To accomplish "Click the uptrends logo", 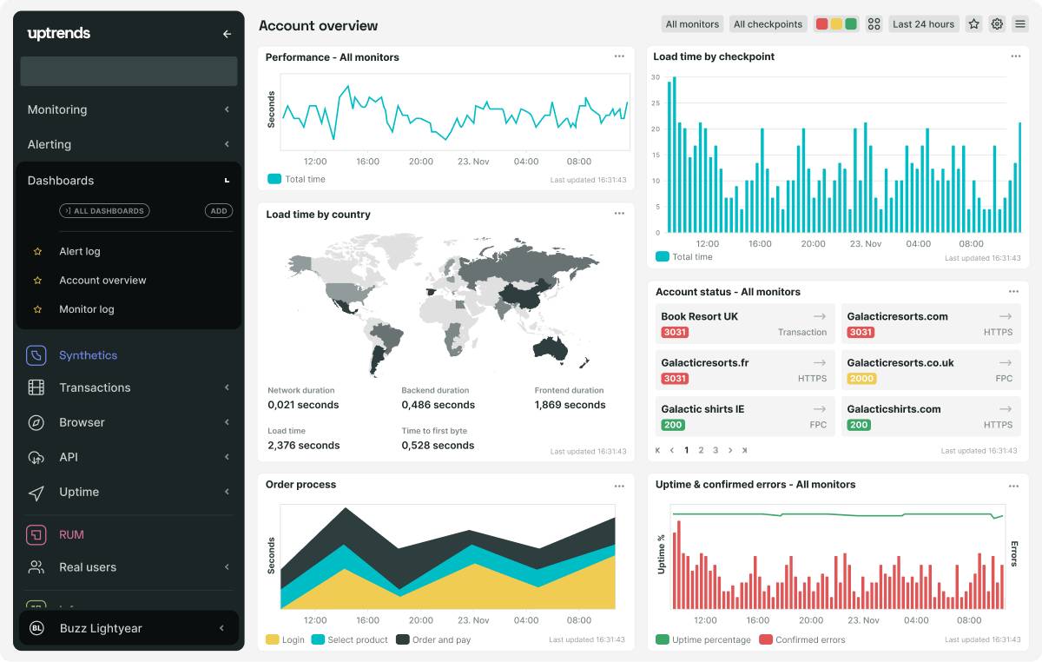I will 59,34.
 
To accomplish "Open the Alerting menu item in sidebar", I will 49,144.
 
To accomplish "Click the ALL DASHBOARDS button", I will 104,211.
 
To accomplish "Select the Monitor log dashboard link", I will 87,309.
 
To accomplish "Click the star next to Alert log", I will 37,252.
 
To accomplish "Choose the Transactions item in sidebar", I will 95,387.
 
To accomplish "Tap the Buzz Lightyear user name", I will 101,628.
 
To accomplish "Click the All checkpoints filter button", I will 768,24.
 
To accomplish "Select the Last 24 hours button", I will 923,24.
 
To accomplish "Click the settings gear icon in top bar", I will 997,24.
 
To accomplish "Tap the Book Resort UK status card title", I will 699,316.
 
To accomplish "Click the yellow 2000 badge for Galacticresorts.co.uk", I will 861,379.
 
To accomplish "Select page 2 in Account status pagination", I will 701,450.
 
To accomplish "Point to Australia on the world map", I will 551,348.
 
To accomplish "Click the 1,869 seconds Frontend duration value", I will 570,405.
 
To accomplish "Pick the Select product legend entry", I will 357,640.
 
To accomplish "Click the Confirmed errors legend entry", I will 809,640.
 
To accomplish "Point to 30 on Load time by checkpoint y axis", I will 656,77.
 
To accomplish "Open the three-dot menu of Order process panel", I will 619,486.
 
